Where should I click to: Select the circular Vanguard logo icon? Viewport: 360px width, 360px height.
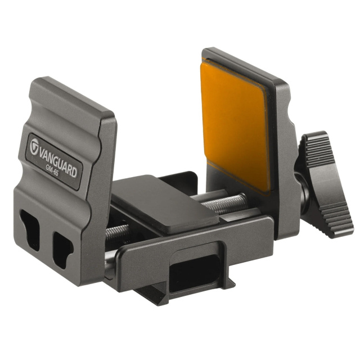tap(34, 146)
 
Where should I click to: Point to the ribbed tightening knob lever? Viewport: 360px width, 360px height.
tap(326, 184)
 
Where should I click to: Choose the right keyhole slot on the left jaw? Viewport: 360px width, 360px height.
tap(62, 250)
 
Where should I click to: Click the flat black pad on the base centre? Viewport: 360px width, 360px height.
tap(164, 204)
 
